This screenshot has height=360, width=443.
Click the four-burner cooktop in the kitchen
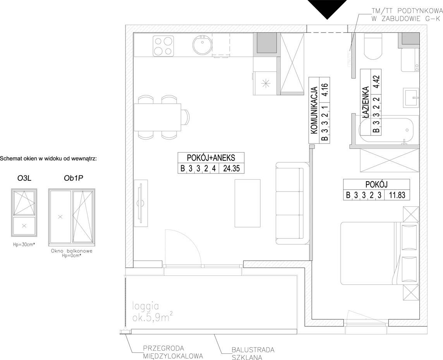[163, 46]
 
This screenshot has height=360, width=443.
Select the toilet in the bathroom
[373, 46]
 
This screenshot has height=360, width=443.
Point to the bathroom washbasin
[410, 98]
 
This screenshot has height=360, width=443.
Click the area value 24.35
[232, 168]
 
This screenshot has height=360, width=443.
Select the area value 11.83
[397, 195]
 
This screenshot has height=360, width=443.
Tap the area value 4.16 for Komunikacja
[325, 89]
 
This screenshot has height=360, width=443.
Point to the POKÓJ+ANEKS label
[211, 157]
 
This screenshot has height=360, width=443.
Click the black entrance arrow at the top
[327, 9]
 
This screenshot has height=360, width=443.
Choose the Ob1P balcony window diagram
[72, 216]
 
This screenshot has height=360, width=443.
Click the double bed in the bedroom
[379, 253]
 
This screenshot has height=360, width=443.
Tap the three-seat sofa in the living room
[292, 203]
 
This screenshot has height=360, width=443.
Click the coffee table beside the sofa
[247, 203]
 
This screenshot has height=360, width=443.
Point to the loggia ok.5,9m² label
[153, 312]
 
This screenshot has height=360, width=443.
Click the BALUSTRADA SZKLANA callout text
[253, 353]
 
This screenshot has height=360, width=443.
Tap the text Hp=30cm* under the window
[24, 245]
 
